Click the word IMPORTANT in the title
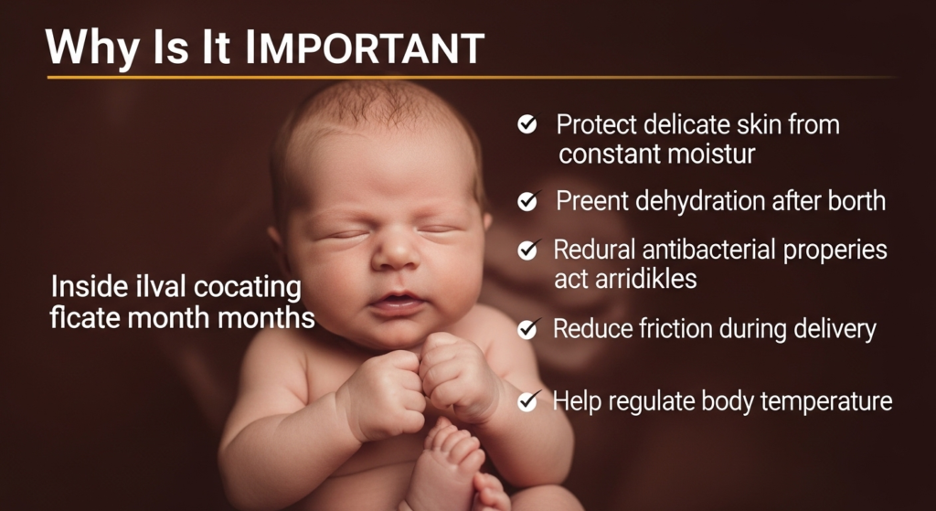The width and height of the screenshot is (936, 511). (364, 48)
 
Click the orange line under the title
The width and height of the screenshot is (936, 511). (472, 77)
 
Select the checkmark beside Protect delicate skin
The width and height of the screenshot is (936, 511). (527, 124)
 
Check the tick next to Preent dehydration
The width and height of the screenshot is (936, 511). (527, 201)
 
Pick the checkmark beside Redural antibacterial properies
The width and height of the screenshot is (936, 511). (527, 250)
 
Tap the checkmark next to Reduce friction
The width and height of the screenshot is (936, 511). (527, 329)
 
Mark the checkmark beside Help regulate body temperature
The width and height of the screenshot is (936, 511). (527, 401)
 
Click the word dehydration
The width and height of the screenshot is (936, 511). (700, 201)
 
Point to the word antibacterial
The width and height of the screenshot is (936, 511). (709, 250)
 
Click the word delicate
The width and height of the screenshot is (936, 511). (675, 124)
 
